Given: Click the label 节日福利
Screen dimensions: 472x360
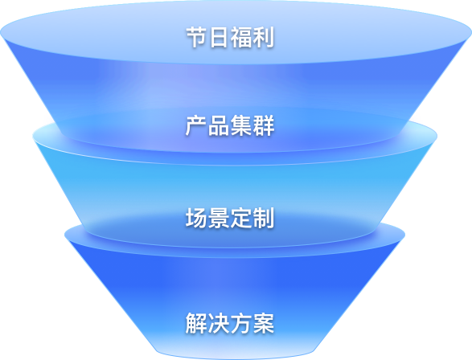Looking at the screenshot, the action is (x=230, y=37).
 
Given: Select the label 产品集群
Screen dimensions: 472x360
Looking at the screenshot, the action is (x=230, y=125).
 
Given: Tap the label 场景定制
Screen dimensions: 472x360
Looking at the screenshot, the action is (x=230, y=218).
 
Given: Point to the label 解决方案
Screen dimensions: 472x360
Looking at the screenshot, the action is (x=230, y=323).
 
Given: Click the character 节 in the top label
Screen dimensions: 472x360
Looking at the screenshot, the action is (x=197, y=37).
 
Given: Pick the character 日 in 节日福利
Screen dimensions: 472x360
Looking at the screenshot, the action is (x=219, y=37).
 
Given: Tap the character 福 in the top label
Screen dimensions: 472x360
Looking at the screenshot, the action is (x=241, y=37).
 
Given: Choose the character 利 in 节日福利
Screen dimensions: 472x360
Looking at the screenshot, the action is (x=264, y=37).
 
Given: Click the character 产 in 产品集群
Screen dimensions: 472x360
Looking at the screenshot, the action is (x=196, y=125).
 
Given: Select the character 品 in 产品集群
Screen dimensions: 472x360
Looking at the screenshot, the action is (x=219, y=125).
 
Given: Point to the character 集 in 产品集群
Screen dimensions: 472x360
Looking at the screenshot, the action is (x=240, y=125).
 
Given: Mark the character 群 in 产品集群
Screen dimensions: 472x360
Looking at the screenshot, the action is (x=264, y=125).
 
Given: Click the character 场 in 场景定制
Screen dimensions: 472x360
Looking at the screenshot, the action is (x=196, y=218).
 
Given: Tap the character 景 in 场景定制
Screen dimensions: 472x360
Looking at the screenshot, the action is (x=219, y=218).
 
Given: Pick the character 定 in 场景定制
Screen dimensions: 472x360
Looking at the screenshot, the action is (x=240, y=218).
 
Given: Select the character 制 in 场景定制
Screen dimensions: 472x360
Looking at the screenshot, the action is (x=264, y=218).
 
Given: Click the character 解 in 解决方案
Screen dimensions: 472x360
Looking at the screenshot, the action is (x=196, y=323).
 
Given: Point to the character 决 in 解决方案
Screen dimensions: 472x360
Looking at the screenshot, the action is (x=219, y=323).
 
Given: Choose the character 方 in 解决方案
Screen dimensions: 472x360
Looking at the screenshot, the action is (x=240, y=323).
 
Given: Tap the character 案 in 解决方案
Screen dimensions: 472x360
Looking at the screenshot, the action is (x=264, y=323).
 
